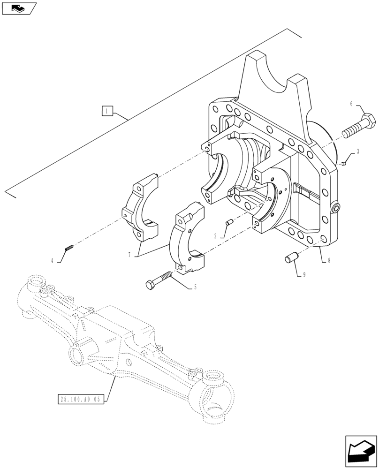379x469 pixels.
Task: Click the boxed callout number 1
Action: tap(107, 111)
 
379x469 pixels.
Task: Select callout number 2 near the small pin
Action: tap(215, 236)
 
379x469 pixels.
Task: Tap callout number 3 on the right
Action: tap(358, 151)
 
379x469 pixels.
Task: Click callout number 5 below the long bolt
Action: tap(195, 287)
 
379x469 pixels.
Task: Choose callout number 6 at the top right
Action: tap(351, 104)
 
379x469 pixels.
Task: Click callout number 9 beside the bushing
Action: tap(304, 274)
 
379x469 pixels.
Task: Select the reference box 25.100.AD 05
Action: tap(81, 400)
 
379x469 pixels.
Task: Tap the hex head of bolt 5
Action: tap(150, 284)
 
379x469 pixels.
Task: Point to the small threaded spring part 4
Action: tap(68, 248)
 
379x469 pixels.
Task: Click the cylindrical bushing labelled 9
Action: tap(289, 258)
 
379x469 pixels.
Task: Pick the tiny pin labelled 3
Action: tap(344, 163)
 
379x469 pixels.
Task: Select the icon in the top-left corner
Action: tap(19, 8)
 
